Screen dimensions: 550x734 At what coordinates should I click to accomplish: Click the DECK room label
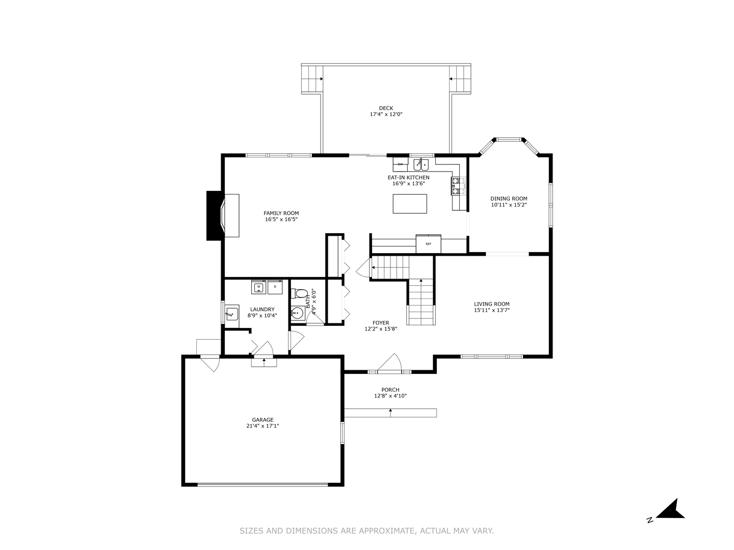[x=386, y=108]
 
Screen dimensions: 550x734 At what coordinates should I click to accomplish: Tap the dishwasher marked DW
[x=400, y=164]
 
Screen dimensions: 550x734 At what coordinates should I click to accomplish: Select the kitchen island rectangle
[x=410, y=204]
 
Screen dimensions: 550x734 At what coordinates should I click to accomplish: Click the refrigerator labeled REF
[x=428, y=243]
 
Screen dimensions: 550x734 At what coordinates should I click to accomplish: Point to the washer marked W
[x=258, y=287]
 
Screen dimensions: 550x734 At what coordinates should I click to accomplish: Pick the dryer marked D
[x=275, y=287]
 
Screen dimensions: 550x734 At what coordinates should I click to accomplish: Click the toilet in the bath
[x=300, y=294]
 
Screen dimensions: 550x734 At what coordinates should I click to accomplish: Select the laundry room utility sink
[x=232, y=314]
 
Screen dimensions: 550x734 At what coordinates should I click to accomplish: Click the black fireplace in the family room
[x=214, y=215]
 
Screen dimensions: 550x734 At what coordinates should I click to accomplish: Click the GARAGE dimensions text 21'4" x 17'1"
[x=263, y=426]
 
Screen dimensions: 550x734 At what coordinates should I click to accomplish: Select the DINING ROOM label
[x=509, y=199]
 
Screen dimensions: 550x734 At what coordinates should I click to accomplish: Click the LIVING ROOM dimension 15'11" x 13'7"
[x=492, y=310]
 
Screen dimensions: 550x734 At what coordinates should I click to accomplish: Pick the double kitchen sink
[x=421, y=164]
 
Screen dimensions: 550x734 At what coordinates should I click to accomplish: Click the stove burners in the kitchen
[x=456, y=186]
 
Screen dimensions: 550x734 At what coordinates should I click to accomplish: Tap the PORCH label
[x=390, y=390]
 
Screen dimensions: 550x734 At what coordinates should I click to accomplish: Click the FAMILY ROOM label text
[x=281, y=213]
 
